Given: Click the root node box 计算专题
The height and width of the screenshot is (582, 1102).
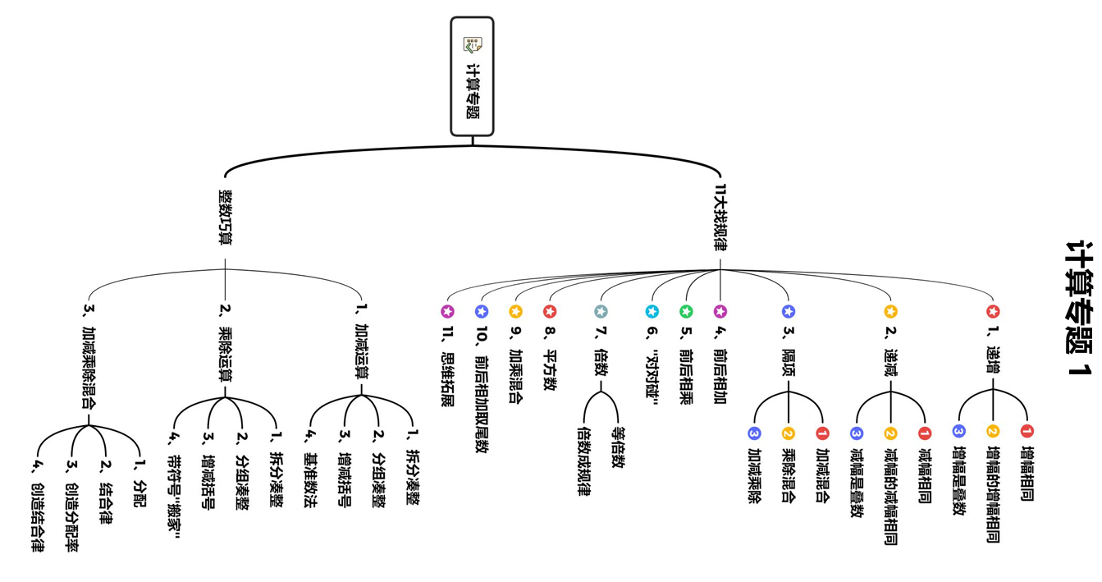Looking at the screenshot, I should coord(472,76).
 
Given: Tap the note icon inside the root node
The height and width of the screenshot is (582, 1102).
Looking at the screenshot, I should coord(472,44).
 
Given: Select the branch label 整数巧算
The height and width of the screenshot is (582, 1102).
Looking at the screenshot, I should coord(225,218).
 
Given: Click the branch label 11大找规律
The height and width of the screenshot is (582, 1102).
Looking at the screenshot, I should coord(720,218).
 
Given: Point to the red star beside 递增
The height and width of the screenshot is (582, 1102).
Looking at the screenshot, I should coord(993,312).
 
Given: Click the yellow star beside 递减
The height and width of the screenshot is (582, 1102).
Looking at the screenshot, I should coord(891,312).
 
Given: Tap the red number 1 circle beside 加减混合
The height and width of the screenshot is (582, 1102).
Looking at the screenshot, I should coord(822,433).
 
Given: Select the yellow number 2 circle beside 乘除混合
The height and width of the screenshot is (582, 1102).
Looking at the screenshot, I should coord(789,433).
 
